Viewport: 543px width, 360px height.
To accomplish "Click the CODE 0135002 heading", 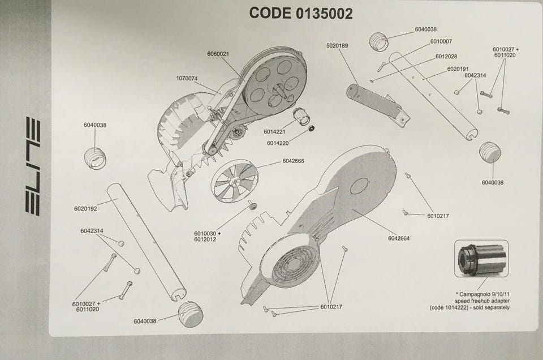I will (x=300, y=14).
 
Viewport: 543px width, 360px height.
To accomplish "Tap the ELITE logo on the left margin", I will (x=33, y=166).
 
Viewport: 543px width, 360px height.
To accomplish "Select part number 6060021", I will (x=218, y=54).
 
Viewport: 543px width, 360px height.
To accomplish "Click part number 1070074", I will (x=187, y=78).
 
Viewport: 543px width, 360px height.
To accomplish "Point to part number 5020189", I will (x=337, y=45).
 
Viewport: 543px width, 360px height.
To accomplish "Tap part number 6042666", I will (x=293, y=161).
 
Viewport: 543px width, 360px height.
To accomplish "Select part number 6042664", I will (x=399, y=238).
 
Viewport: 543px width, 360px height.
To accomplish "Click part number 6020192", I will (x=85, y=208).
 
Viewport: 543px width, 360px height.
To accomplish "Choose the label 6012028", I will (x=446, y=57).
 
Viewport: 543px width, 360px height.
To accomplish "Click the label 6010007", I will (x=441, y=41).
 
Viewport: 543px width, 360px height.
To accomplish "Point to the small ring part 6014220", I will (x=311, y=130).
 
